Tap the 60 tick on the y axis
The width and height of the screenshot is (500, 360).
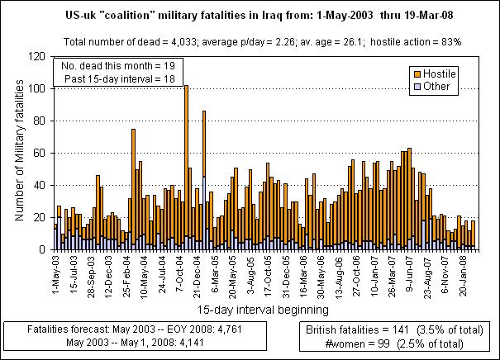pos(42,153)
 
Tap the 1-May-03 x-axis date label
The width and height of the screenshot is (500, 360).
pos(55,273)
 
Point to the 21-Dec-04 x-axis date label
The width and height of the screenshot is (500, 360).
pos(199,273)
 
